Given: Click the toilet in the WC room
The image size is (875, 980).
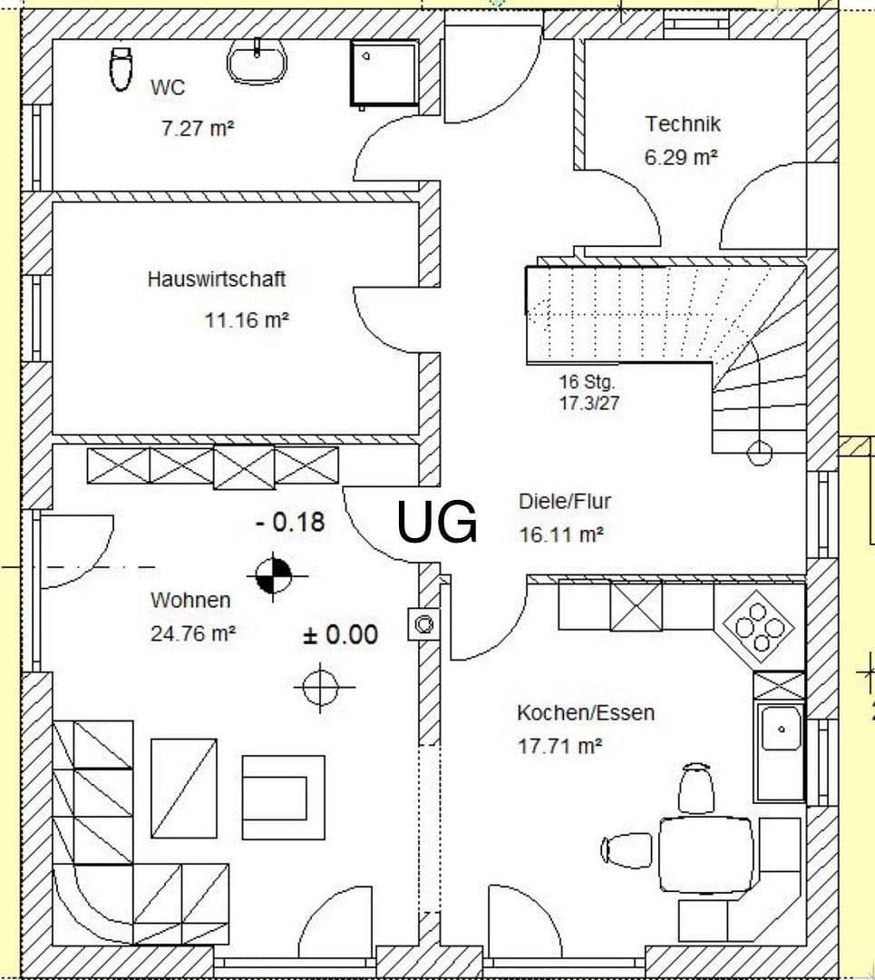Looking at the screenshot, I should pyautogui.click(x=119, y=69).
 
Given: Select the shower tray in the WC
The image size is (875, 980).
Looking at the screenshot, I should pyautogui.click(x=384, y=73).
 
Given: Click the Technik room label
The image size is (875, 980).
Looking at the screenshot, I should pyautogui.click(x=683, y=123).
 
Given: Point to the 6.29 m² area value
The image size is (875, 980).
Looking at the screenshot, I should pyautogui.click(x=681, y=157).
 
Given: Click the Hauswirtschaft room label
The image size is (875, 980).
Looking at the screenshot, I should pyautogui.click(x=216, y=279).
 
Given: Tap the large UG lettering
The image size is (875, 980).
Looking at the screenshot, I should pyautogui.click(x=438, y=523).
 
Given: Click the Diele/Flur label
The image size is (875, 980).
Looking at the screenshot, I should pyautogui.click(x=559, y=501).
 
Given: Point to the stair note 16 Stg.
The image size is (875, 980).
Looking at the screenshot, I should pyautogui.click(x=588, y=382).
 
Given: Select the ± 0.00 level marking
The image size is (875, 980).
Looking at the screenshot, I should pyautogui.click(x=340, y=634).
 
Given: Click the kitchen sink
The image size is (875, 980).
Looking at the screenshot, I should pyautogui.click(x=780, y=729).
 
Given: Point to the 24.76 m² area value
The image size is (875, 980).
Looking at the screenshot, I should pyautogui.click(x=193, y=633).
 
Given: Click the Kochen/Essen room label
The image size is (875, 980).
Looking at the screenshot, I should pyautogui.click(x=585, y=712).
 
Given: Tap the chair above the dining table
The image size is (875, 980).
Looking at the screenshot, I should pyautogui.click(x=695, y=789).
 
